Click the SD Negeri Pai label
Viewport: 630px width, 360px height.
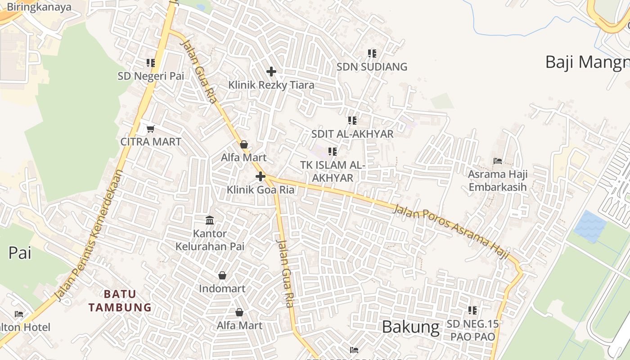(x=151, y=76)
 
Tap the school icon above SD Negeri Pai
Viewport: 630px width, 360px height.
(x=151, y=63)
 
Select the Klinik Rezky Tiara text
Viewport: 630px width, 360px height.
(x=271, y=85)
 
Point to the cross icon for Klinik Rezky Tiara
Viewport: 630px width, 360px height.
(x=271, y=72)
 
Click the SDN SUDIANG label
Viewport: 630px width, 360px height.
(x=372, y=67)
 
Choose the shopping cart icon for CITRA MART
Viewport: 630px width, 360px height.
(x=151, y=129)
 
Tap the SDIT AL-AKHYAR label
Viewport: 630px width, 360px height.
(x=352, y=134)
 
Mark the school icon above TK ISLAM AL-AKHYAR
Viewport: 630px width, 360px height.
(x=333, y=152)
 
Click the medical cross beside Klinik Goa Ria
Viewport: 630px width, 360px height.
(x=261, y=176)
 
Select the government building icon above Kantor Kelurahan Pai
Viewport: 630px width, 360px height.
(x=210, y=220)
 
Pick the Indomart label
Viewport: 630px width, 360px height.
(x=222, y=289)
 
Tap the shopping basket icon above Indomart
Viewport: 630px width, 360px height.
(x=222, y=275)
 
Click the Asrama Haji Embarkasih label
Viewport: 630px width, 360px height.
(x=498, y=180)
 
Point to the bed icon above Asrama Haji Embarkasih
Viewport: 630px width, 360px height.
(x=498, y=161)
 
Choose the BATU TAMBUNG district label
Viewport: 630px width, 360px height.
(x=120, y=301)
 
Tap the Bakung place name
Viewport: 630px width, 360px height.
(x=410, y=327)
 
